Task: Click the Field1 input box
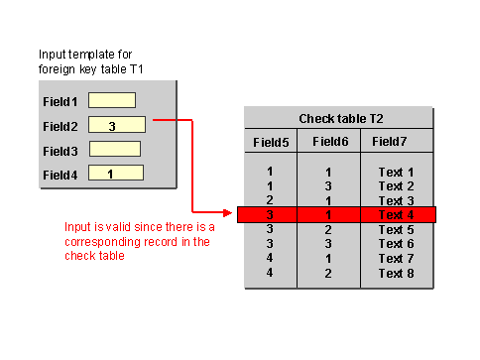111,100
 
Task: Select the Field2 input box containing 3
116,125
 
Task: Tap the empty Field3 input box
114,149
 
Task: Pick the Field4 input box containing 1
116,174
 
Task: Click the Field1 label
60,101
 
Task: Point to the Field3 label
60,151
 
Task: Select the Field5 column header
271,142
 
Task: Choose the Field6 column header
329,142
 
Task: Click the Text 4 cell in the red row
396,215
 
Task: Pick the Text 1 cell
396,172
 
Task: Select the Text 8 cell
396,273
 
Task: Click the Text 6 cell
396,244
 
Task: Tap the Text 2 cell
396,185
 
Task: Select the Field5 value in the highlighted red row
270,215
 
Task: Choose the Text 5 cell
396,230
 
